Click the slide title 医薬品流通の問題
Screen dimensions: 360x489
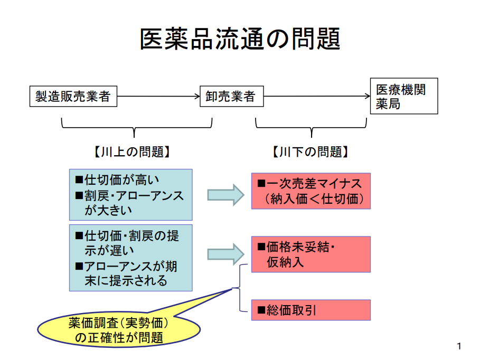click(x=240, y=40)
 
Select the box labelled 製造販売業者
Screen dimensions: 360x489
click(x=73, y=97)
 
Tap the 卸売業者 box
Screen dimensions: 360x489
click(x=231, y=97)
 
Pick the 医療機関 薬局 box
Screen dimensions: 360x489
click(x=404, y=97)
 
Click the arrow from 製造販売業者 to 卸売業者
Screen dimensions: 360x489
click(x=158, y=97)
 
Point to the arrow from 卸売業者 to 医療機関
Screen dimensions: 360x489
click(x=316, y=97)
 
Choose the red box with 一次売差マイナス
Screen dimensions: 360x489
click(x=311, y=191)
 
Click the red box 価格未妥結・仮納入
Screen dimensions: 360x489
click(x=311, y=254)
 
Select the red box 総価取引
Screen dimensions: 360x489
click(x=311, y=310)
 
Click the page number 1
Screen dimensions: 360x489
click(x=459, y=346)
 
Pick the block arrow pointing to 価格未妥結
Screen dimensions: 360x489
click(x=225, y=254)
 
